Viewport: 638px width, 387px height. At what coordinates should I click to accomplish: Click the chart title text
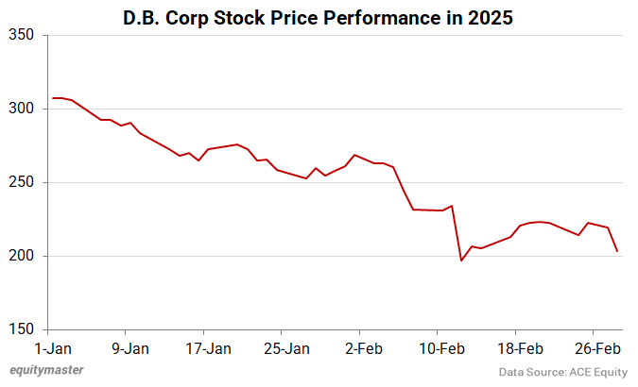(x=319, y=18)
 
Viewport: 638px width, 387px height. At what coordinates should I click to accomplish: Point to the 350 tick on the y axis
(x=22, y=35)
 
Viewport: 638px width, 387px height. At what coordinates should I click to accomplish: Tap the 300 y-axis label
(x=22, y=109)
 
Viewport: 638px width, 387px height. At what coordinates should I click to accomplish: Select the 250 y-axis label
(x=22, y=182)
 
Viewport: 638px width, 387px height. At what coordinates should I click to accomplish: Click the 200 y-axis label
(x=22, y=256)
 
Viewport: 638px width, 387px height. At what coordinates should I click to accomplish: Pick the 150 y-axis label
(x=22, y=329)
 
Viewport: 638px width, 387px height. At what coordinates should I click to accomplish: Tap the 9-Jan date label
(x=129, y=346)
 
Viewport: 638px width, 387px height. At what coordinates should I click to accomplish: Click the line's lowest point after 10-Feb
(x=461, y=261)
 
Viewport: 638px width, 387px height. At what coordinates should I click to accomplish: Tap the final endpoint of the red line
(x=617, y=251)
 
